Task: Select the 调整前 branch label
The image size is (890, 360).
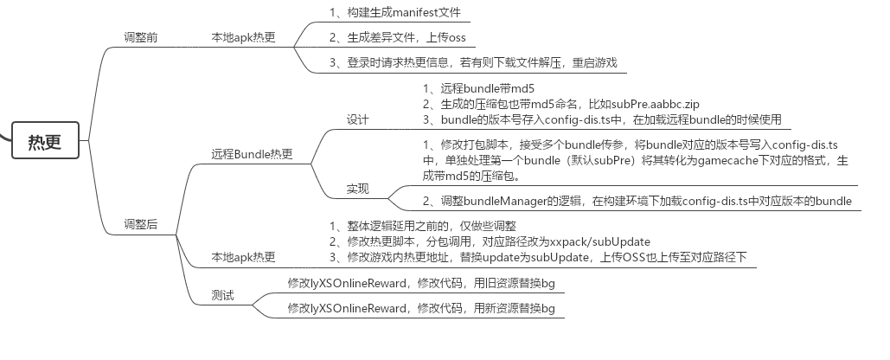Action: point(140,37)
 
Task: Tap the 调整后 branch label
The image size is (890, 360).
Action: point(140,223)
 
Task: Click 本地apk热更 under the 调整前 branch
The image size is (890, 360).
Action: point(244,37)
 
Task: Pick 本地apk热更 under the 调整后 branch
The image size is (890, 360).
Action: point(244,256)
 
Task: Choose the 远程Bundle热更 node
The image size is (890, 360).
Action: point(252,154)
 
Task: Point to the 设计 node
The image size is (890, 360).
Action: point(357,119)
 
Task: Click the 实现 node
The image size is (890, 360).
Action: point(357,188)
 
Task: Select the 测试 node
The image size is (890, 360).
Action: point(222,295)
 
